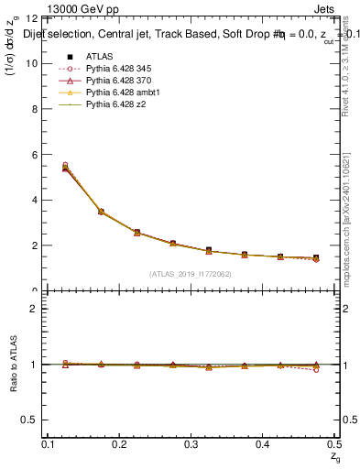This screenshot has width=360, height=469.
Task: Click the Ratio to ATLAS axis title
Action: pos(14,365)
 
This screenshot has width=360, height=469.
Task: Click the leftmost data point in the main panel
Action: pos(65,166)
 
